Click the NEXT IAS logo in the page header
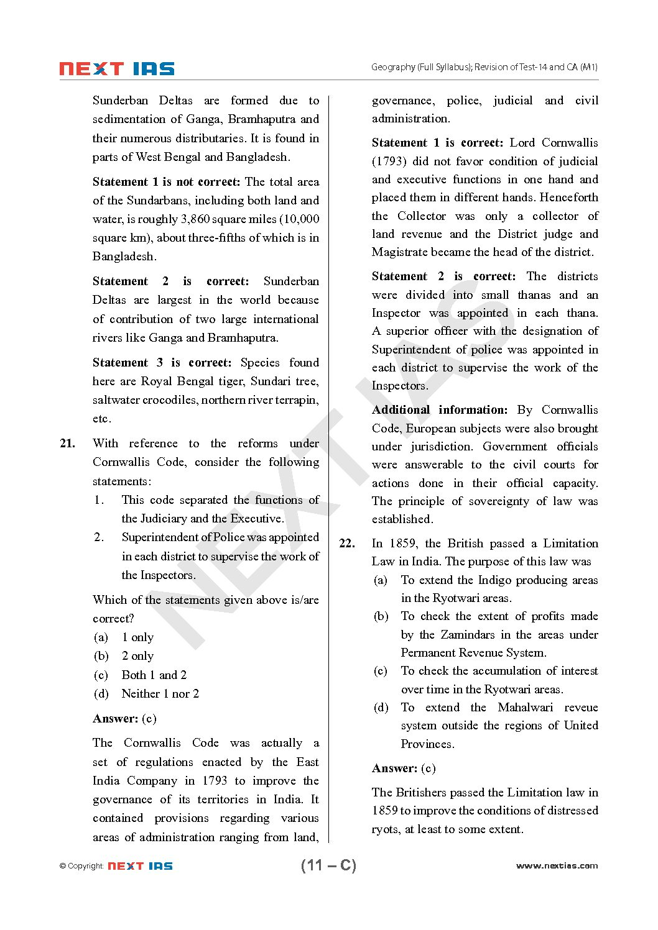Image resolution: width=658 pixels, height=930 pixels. (x=116, y=69)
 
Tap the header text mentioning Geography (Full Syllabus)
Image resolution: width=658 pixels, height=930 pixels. (x=484, y=67)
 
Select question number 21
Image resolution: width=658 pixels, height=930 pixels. (x=67, y=444)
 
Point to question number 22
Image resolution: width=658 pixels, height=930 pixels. (x=347, y=544)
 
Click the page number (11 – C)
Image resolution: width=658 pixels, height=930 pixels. (x=328, y=865)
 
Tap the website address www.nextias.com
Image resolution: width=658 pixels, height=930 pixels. (x=557, y=865)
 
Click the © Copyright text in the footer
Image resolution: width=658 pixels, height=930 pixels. (x=81, y=866)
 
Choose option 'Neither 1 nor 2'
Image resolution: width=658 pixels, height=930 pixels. (x=160, y=694)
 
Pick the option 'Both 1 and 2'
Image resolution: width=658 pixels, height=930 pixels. (x=154, y=675)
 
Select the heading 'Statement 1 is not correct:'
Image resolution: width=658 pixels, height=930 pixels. (x=166, y=182)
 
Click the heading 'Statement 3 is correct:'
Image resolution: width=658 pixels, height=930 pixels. (x=162, y=363)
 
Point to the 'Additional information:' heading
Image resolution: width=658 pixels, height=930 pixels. (x=440, y=410)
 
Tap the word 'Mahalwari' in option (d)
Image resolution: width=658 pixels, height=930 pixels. (x=526, y=708)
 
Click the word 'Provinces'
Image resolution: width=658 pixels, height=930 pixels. (x=427, y=744)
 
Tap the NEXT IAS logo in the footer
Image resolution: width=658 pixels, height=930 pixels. (x=140, y=866)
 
